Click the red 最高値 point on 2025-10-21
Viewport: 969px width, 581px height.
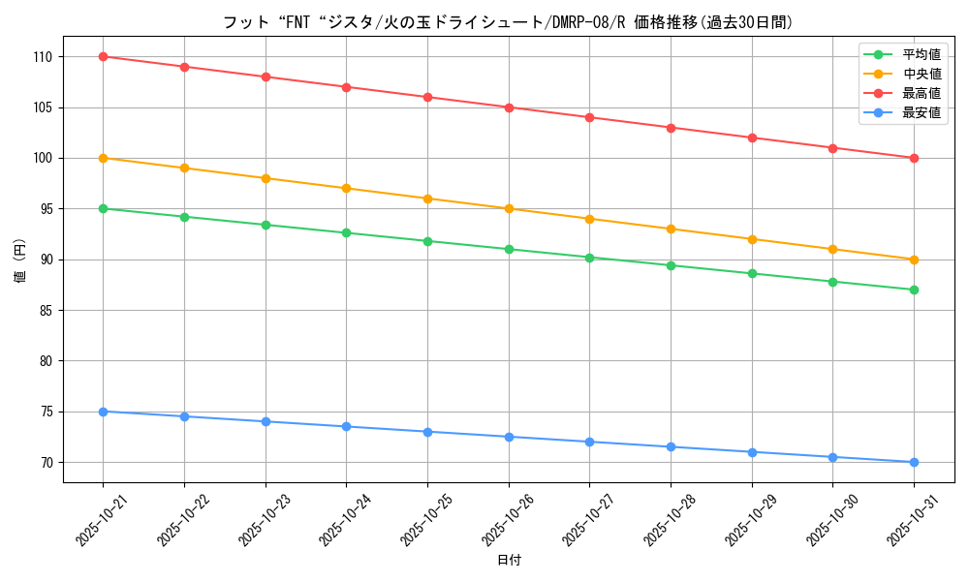tap(103, 56)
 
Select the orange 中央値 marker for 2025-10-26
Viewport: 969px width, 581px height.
tap(509, 208)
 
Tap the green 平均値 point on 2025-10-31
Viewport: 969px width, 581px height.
tap(914, 290)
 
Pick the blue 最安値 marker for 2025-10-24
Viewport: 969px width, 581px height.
tap(346, 426)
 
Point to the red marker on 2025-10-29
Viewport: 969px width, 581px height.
tap(752, 138)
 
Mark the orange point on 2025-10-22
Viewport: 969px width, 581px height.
tap(184, 168)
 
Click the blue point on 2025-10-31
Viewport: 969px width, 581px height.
tap(914, 462)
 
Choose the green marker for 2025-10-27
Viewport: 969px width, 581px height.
tap(589, 258)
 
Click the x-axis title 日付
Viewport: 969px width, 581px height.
tap(509, 561)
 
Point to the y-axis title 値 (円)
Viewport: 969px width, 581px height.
tap(20, 260)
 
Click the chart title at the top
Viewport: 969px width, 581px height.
tap(509, 21)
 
